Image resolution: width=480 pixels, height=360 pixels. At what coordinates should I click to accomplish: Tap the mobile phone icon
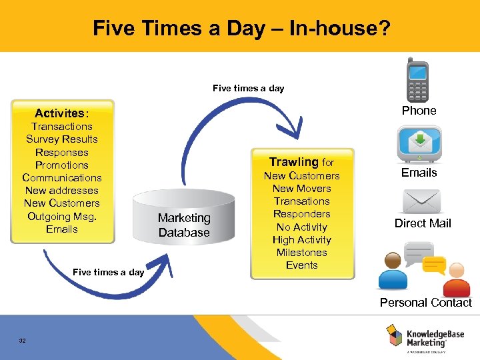[418, 81]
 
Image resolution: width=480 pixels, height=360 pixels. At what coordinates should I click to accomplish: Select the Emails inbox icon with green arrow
[419, 144]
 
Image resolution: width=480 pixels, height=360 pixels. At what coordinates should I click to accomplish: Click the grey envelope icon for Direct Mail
[420, 201]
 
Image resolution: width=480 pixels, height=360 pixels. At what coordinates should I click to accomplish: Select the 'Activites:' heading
[61, 113]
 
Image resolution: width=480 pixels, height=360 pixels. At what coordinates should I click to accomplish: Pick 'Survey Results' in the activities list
[61, 139]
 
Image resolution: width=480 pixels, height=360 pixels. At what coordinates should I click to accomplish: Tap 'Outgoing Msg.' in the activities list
[61, 216]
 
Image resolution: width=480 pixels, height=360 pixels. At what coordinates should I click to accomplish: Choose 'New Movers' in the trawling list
[301, 189]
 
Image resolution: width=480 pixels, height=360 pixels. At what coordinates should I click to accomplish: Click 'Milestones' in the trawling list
[301, 253]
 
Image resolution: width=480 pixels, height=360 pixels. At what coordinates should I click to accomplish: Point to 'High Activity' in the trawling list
[301, 240]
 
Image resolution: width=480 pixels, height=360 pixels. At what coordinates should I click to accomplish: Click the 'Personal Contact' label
[425, 303]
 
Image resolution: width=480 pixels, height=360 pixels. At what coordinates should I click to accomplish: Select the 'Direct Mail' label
[422, 223]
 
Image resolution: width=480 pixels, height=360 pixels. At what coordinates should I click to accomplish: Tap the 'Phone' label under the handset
[419, 111]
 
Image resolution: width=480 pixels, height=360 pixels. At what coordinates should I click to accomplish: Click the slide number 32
[23, 341]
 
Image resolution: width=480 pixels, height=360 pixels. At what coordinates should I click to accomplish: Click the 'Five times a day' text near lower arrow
[108, 272]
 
